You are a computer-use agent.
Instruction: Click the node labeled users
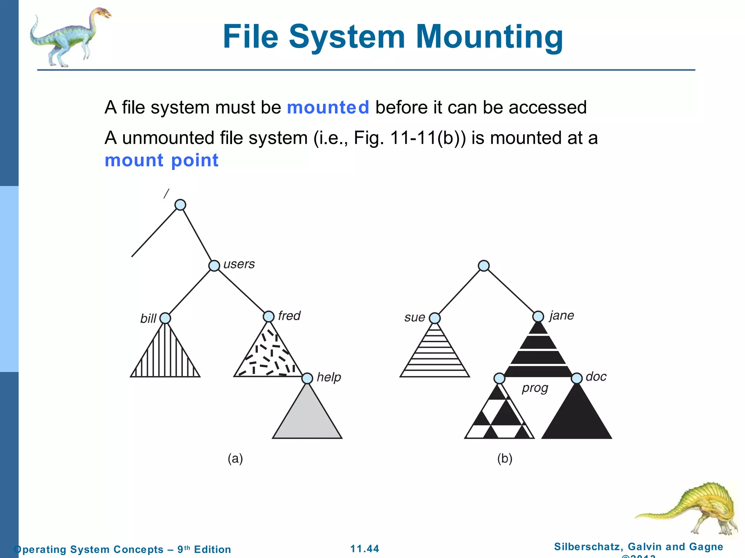[214, 266]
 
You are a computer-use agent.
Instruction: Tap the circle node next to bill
[165, 318]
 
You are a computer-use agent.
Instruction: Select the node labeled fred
[268, 316]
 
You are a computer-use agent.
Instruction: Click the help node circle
[307, 378]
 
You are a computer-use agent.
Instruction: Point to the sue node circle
[435, 318]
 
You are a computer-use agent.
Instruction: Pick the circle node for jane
[538, 316]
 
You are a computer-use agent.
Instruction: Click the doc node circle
[577, 378]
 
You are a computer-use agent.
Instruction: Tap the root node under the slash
[180, 205]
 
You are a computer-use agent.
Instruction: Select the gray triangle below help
[307, 418]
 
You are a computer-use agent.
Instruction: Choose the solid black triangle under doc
[577, 418]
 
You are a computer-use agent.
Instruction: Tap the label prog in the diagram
[535, 388]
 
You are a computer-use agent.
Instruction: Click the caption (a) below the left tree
[235, 458]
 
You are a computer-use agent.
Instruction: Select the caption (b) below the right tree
[505, 458]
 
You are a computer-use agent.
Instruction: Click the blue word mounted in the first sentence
[328, 108]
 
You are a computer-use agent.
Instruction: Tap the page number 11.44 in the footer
[364, 549]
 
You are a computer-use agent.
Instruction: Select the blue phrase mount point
[162, 160]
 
